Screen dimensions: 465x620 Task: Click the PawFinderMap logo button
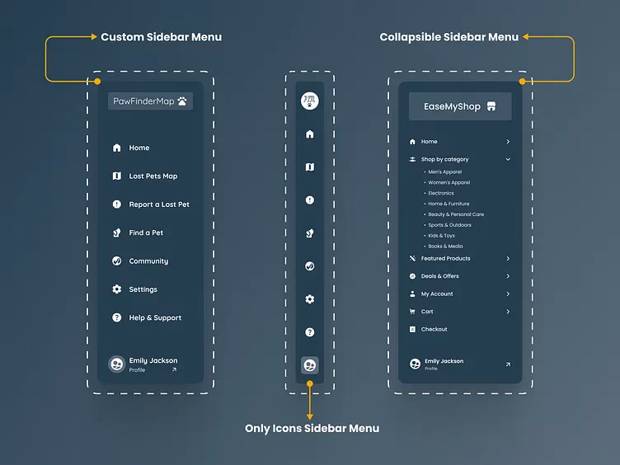click(x=150, y=101)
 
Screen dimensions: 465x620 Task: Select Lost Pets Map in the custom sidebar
click(x=153, y=176)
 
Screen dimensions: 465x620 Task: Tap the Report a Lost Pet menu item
click(x=158, y=204)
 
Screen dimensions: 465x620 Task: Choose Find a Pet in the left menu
click(x=146, y=233)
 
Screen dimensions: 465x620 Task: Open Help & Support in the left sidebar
click(x=154, y=318)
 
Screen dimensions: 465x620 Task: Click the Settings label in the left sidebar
click(x=143, y=289)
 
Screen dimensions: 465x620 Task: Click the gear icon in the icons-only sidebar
click(x=310, y=299)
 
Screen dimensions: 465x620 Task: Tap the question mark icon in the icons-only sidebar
click(x=310, y=332)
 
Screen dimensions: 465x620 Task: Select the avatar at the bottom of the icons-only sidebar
click(x=310, y=364)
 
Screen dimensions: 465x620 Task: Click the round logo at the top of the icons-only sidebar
click(x=310, y=101)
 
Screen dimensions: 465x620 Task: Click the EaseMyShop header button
click(x=460, y=106)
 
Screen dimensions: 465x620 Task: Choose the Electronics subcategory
click(x=441, y=193)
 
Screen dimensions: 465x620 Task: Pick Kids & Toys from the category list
click(x=441, y=236)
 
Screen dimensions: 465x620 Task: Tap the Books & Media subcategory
click(x=445, y=247)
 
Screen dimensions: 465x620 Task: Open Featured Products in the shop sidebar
click(x=445, y=259)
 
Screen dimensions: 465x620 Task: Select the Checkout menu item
click(x=434, y=330)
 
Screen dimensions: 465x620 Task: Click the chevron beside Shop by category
click(x=508, y=159)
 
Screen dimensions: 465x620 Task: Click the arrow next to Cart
click(x=508, y=312)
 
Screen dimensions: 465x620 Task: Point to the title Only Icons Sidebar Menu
click(x=312, y=429)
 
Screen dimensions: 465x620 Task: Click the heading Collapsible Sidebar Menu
click(x=449, y=37)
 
